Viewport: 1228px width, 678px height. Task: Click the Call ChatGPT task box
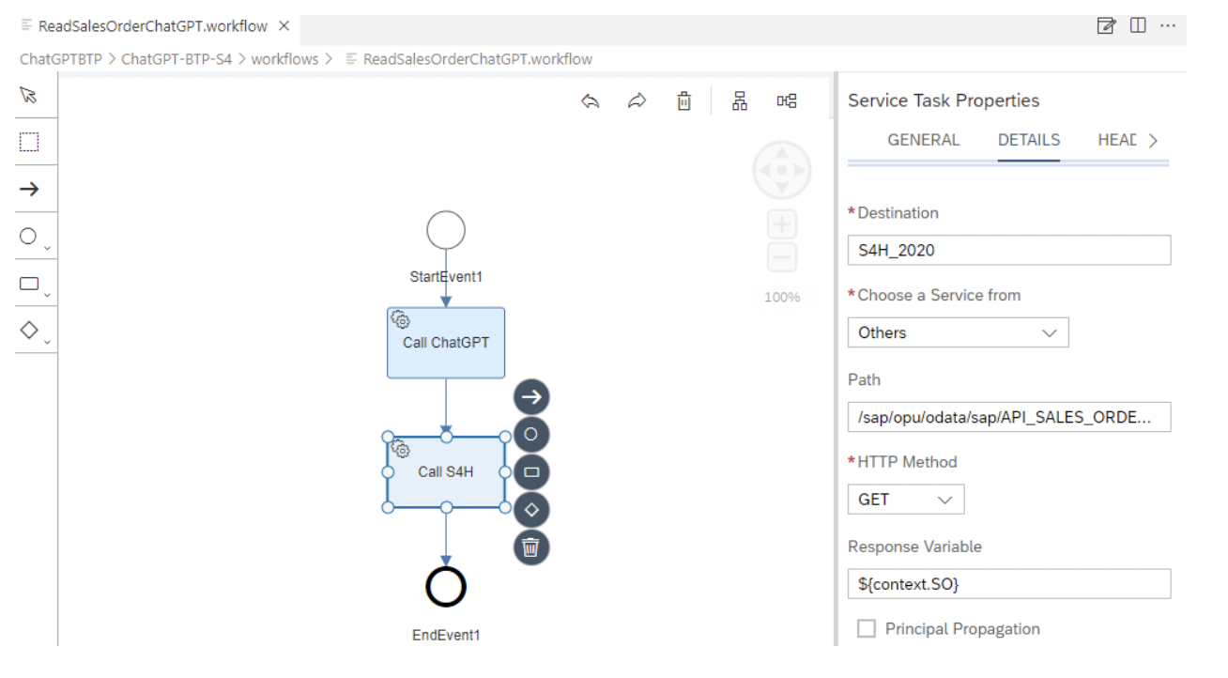point(446,343)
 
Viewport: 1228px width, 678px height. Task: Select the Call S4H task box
point(446,472)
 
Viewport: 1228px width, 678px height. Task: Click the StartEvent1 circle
point(446,230)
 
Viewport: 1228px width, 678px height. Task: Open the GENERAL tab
point(923,141)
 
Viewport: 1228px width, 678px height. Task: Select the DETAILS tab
point(1028,141)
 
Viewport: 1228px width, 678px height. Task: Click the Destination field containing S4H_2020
point(1008,250)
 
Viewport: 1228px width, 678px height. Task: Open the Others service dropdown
point(958,332)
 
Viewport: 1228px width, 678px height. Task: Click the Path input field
point(1008,417)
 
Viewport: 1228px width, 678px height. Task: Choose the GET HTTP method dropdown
point(906,500)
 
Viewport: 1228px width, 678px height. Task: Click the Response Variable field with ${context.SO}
point(1008,584)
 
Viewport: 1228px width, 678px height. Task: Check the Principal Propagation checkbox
point(867,628)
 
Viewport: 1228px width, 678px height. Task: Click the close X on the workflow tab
point(284,25)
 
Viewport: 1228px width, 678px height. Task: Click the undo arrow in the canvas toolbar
point(590,100)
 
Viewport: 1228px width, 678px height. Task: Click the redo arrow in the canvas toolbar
point(637,100)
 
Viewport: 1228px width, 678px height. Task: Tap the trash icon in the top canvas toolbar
point(683,100)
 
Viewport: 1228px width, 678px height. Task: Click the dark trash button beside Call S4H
point(531,547)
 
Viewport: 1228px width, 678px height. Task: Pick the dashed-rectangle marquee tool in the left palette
point(29,142)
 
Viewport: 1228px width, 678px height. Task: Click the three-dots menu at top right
point(1168,25)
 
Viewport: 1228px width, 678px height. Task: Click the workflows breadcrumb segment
point(284,59)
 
